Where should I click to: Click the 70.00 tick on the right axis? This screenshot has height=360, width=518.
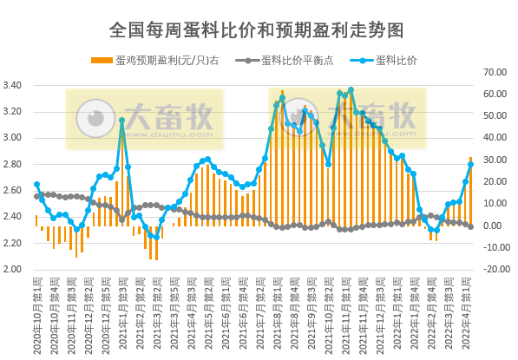click(x=495, y=71)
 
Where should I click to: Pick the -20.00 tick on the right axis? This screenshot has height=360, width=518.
click(x=495, y=269)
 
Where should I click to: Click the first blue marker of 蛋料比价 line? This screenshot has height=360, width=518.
click(x=36, y=184)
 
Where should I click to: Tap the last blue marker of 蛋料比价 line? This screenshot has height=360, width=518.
click(x=471, y=163)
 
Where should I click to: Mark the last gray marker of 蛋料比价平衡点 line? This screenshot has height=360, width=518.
click(x=471, y=226)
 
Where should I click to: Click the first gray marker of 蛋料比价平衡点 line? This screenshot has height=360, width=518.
click(x=36, y=194)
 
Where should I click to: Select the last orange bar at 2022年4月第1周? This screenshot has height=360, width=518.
click(x=471, y=191)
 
